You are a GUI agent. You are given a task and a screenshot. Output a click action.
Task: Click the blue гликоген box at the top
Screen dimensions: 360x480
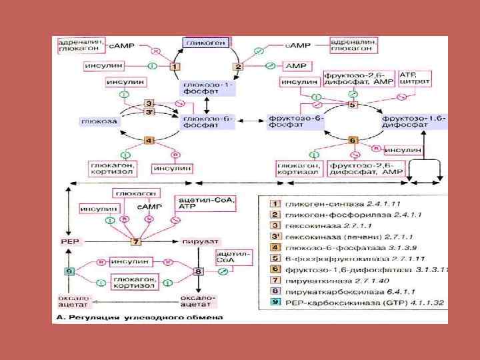207,43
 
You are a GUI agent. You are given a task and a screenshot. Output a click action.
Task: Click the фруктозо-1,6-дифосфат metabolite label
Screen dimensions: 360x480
414,121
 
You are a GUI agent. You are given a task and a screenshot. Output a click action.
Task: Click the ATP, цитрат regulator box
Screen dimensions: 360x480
414,77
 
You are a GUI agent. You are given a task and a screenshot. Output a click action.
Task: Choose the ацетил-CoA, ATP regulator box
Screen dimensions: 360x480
195,203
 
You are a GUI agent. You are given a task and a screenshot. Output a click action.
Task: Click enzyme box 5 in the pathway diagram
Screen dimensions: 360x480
353,105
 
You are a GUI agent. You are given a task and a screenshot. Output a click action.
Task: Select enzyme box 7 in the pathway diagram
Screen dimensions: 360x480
137,241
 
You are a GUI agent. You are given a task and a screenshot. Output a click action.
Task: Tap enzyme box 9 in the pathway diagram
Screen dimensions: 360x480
69,272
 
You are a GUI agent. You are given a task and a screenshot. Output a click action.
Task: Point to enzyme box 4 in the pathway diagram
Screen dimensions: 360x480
149,139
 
